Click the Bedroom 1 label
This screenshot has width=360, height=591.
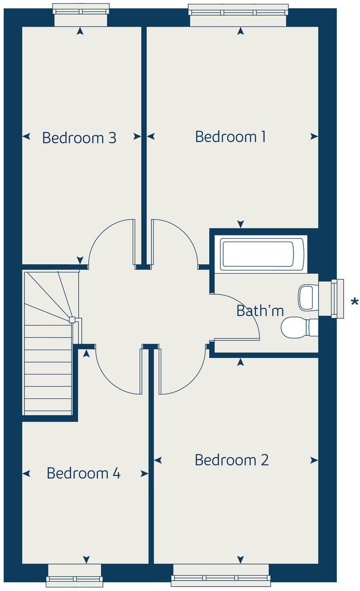[230, 137]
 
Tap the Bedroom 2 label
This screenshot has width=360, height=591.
[232, 460]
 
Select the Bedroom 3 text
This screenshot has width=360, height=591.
[79, 138]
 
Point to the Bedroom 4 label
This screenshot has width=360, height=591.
[83, 473]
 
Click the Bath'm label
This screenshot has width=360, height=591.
[260, 311]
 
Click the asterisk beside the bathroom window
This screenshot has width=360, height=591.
[354, 302]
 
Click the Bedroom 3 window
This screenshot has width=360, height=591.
[81, 9]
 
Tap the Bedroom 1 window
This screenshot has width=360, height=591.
[239, 10]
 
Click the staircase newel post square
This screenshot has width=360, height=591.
[72, 320]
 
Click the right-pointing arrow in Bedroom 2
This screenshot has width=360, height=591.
[314, 460]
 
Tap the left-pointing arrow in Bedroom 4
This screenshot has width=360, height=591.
[26, 473]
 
